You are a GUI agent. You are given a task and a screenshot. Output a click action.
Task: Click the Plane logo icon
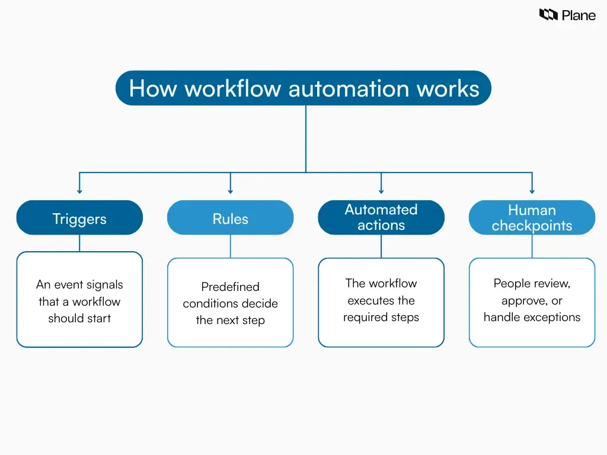point(548,15)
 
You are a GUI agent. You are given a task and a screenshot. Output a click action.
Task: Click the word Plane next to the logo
point(579,15)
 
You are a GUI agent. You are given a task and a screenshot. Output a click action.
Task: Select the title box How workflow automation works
point(303,88)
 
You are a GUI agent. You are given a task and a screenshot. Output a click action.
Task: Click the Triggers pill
point(79,218)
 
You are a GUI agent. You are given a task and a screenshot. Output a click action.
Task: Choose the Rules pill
point(230,218)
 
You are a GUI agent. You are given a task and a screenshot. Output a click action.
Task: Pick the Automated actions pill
point(381,217)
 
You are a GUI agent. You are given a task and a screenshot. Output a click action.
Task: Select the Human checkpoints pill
point(532,217)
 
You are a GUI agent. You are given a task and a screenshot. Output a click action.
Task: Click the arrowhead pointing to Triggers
point(79,191)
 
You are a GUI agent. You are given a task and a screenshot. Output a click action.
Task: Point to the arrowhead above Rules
point(231,191)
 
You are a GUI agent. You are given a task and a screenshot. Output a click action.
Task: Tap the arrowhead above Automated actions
point(381,191)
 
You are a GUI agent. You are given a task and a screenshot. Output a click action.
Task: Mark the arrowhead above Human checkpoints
point(532,191)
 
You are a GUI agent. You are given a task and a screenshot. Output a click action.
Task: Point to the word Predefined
point(230,287)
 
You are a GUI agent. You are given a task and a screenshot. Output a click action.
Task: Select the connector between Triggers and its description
point(79,243)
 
